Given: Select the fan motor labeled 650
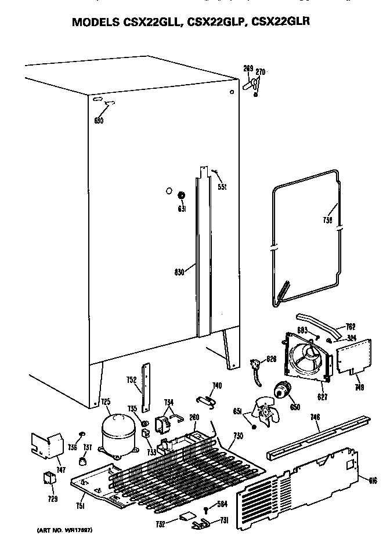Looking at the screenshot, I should pos(284,390).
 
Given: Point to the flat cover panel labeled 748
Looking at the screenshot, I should pos(352,356).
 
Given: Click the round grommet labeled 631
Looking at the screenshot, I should pos(182,196).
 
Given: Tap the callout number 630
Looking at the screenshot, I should pos(99,121).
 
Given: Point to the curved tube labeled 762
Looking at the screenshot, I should pos(316,321).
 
